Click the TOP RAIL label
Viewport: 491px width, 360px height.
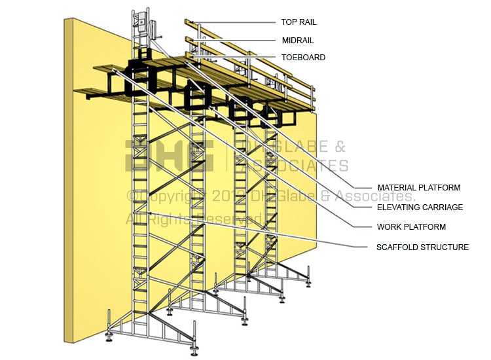[299, 22]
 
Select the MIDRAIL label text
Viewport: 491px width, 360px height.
[297, 40]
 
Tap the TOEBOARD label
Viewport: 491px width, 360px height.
[303, 58]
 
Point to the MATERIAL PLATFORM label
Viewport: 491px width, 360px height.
[418, 188]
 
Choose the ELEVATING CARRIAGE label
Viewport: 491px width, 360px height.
[420, 207]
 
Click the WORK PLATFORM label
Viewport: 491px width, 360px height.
[411, 227]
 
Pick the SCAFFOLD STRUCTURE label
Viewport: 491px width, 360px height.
[422, 247]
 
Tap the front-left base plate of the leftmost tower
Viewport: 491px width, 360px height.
[109, 340]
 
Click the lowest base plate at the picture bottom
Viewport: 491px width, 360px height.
[194, 352]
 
